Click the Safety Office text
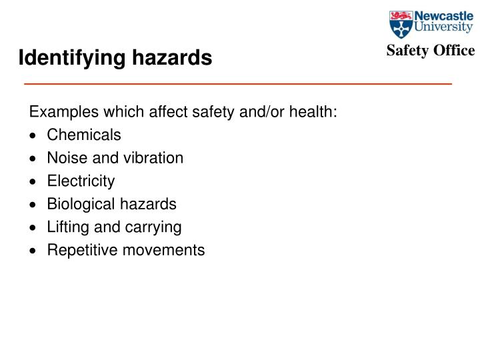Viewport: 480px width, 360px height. (x=430, y=51)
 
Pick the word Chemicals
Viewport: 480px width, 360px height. (x=84, y=135)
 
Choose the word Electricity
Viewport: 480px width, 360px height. (x=81, y=181)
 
